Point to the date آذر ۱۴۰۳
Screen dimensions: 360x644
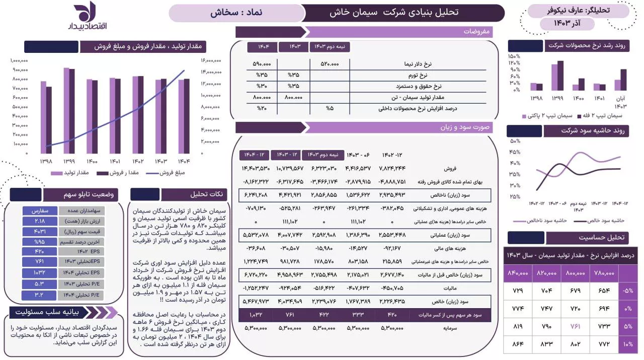pos(567,24)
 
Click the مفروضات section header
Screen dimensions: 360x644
pos(477,32)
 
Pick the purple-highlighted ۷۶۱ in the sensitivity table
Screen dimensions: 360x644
pos(575,326)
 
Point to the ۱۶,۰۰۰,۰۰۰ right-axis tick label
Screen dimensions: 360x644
pos(211,60)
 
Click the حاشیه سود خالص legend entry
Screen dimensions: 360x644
pos(606,221)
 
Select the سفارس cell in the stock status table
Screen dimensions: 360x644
pos(39,211)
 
